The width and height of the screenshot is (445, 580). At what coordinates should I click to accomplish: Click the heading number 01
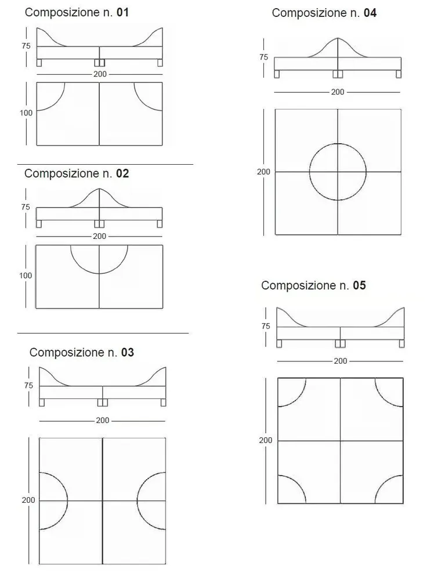click(123, 13)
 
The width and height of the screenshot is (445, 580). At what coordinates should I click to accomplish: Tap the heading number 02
click(122, 173)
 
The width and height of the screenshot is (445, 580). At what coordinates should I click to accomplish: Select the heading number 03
click(128, 353)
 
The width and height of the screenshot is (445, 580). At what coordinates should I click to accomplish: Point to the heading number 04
click(370, 13)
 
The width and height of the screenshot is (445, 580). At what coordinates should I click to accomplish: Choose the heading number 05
click(360, 285)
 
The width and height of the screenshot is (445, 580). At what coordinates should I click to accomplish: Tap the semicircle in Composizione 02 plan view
click(99, 274)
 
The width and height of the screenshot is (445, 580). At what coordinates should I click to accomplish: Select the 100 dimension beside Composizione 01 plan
click(26, 113)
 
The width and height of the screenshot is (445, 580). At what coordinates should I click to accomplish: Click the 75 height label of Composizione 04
click(264, 57)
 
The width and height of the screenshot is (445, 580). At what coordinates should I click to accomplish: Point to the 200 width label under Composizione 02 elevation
click(100, 237)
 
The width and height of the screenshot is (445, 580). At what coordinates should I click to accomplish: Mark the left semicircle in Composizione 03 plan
click(68, 501)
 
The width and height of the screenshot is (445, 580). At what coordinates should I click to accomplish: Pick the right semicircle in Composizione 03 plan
click(137, 501)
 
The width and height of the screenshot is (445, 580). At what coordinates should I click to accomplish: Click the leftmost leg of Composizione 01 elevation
click(39, 63)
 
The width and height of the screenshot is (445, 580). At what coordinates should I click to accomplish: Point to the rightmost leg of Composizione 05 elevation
click(401, 343)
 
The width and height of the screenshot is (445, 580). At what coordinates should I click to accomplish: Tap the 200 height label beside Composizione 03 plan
click(28, 500)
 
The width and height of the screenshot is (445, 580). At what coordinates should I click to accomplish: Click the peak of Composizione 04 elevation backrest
click(338, 38)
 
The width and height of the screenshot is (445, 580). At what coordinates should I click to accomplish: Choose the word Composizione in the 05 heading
click(298, 286)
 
